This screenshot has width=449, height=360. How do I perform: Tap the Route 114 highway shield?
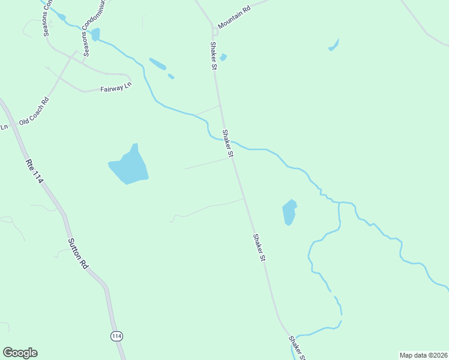click(116, 336)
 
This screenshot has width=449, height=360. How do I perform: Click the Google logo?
click(20, 353)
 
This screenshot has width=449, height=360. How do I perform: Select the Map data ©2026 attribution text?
click(423, 355)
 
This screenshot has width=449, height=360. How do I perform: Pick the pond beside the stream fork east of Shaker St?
click(289, 212)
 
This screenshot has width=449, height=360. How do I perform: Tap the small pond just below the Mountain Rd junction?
click(223, 58)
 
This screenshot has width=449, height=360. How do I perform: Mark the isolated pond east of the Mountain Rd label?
click(334, 45)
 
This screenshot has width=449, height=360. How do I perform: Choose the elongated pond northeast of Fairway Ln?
click(157, 64)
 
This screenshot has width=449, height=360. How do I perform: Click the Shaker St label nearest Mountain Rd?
click(212, 55)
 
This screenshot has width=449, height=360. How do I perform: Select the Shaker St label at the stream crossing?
click(227, 144)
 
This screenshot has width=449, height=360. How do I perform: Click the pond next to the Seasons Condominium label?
click(95, 34)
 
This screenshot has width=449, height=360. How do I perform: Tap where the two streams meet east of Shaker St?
click(340, 203)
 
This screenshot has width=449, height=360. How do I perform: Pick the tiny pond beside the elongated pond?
click(171, 76)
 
